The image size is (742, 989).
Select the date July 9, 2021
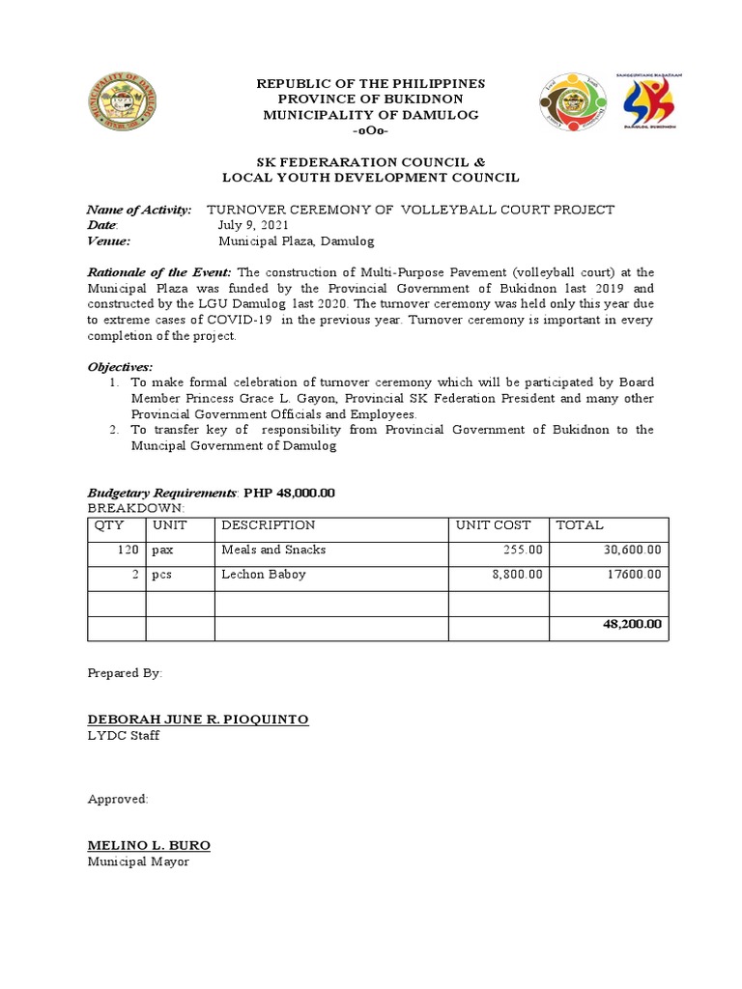coord(252,225)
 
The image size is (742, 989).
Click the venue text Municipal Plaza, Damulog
coord(296,240)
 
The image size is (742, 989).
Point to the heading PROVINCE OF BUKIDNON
coord(371,99)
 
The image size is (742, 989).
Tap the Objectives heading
coord(120,367)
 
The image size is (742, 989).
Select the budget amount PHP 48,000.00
coord(289,493)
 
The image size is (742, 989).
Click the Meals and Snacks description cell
coord(273,550)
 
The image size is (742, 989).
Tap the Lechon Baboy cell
coord(264,575)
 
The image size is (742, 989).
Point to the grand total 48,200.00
coord(632,625)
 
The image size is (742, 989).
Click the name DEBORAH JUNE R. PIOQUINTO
coord(198,720)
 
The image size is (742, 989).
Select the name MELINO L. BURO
coord(149,845)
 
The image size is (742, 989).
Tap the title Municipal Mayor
coord(138,862)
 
